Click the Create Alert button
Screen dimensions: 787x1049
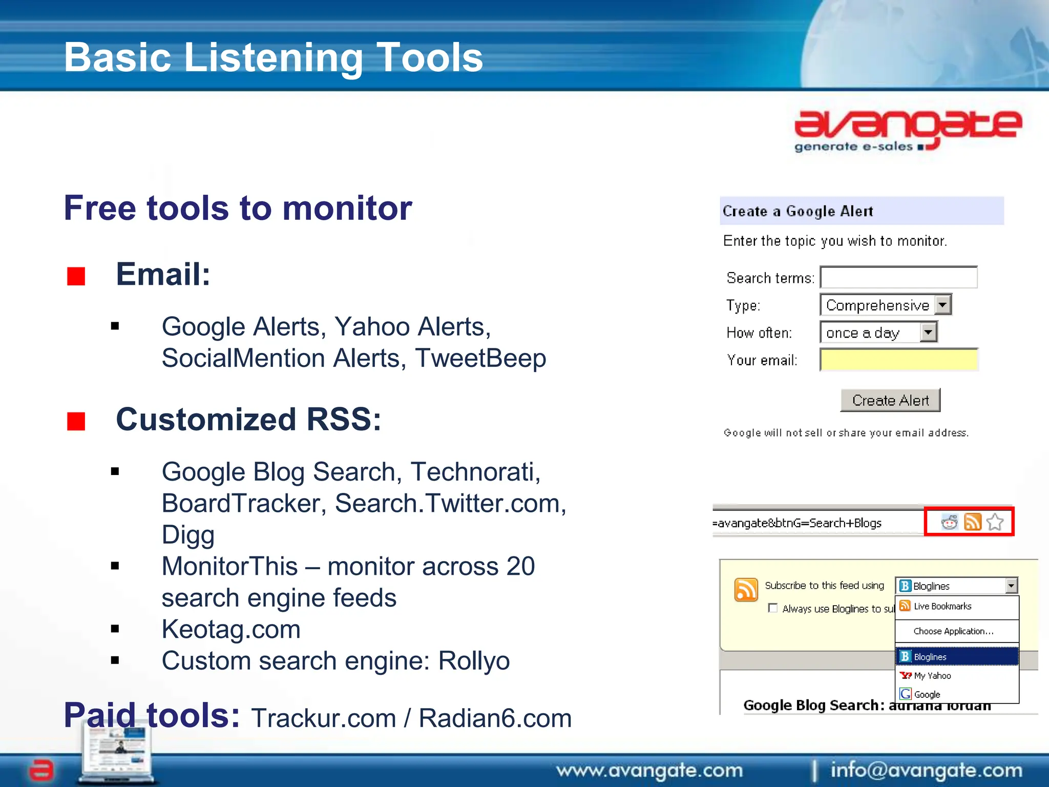(890, 400)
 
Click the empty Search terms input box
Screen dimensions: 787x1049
(898, 277)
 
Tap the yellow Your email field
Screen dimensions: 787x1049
(899, 360)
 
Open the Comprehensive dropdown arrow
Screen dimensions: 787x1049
(942, 305)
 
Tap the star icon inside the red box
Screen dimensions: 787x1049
(995, 522)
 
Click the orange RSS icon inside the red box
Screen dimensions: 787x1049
(973, 522)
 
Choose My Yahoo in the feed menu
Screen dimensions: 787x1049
(932, 676)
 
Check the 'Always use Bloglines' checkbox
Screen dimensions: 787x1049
(773, 608)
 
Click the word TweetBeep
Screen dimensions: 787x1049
(480, 358)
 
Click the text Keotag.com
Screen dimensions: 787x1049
(231, 629)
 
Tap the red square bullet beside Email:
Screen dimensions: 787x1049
(76, 277)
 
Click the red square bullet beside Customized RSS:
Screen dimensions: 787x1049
(76, 422)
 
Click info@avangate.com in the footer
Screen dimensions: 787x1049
(926, 770)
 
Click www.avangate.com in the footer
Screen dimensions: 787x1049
(649, 770)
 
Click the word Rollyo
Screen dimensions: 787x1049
(474, 661)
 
